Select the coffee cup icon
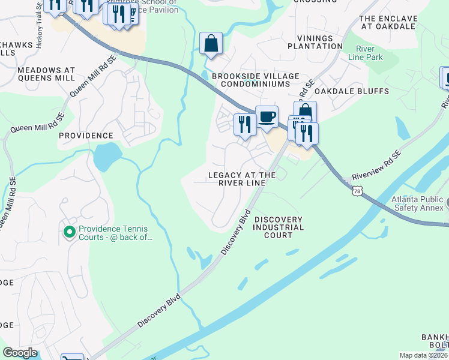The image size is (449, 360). pyautogui.click(x=267, y=116)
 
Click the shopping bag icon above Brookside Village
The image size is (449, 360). pyautogui.click(x=211, y=43)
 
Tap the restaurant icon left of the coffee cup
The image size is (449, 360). pyautogui.click(x=244, y=124)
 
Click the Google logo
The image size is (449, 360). pyautogui.click(x=20, y=353)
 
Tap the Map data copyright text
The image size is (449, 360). pyautogui.click(x=424, y=355)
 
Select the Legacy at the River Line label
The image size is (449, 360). pyautogui.click(x=241, y=179)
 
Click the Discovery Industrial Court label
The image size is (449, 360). pyautogui.click(x=278, y=227)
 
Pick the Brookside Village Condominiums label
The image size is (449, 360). pyautogui.click(x=255, y=80)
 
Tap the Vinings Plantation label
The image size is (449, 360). pyautogui.click(x=315, y=41)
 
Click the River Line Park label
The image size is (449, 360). pyautogui.click(x=369, y=53)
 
